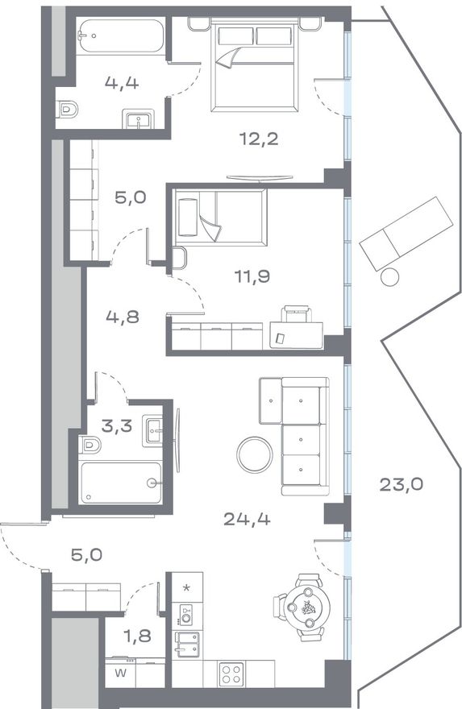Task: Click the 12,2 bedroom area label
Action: click(258, 139)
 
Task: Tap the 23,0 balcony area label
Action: click(401, 485)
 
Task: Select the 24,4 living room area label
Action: click(247, 519)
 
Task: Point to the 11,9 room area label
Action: click(252, 276)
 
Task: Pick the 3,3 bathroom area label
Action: click(117, 426)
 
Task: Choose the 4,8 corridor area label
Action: click(123, 317)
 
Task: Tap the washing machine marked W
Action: click(120, 673)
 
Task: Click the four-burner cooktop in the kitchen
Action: click(231, 674)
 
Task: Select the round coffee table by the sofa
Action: click(255, 455)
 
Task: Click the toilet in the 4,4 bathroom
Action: click(68, 110)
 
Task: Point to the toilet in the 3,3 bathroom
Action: click(89, 445)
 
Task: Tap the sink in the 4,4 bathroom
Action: click(139, 119)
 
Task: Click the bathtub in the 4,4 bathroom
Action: click(120, 36)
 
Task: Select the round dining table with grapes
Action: click(308, 607)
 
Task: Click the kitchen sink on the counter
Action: click(187, 644)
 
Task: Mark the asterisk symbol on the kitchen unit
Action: click(186, 588)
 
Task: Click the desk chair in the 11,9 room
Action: click(298, 313)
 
